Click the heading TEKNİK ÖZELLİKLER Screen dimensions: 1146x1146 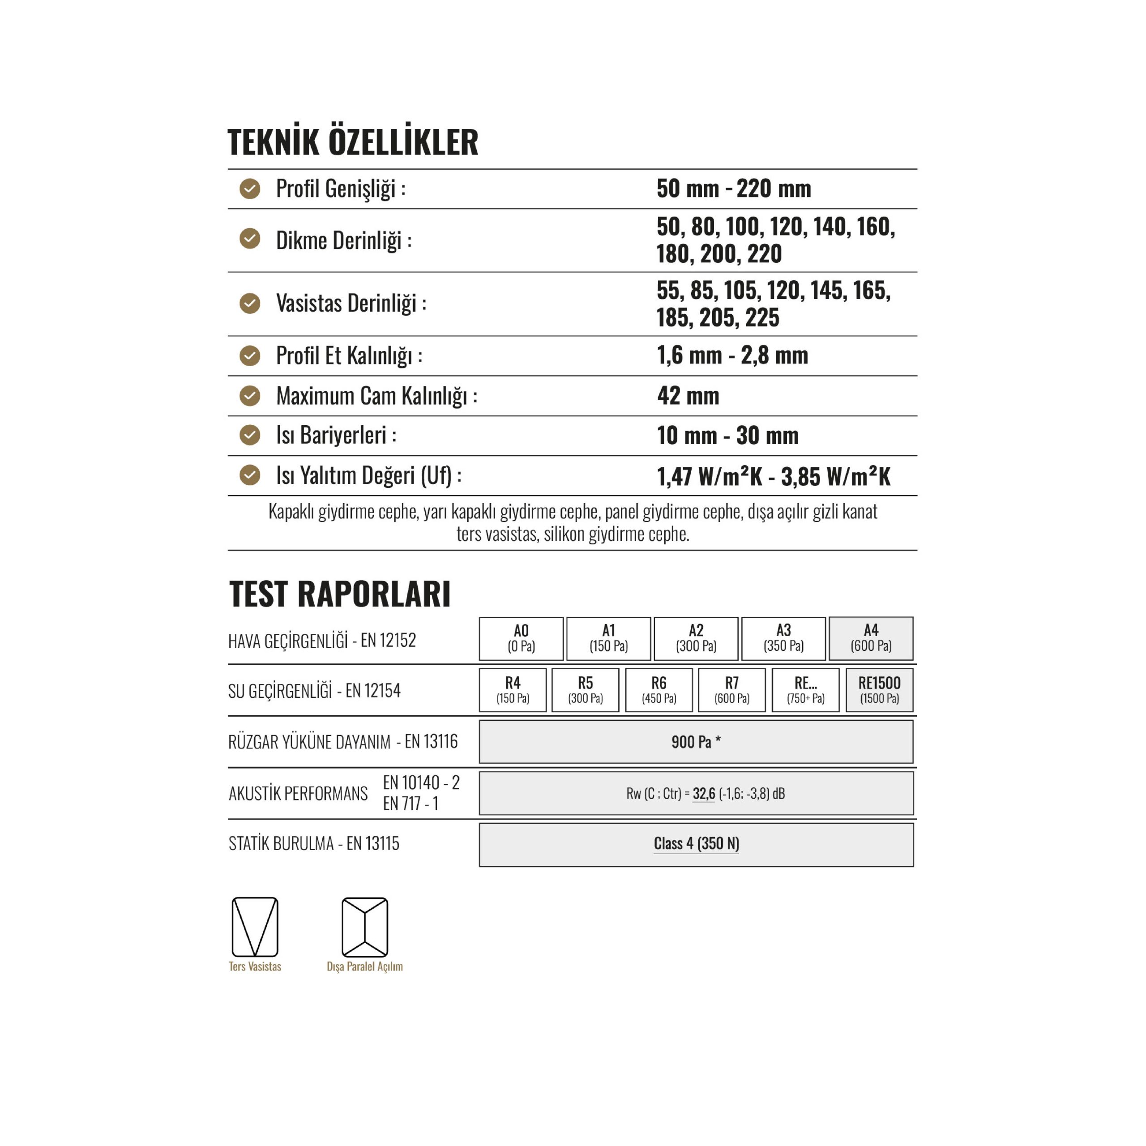(352, 142)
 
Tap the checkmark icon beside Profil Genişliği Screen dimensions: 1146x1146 (250, 189)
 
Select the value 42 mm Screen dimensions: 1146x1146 (688, 396)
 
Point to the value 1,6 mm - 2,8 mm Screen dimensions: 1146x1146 (732, 355)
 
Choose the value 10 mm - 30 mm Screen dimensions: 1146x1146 (727, 436)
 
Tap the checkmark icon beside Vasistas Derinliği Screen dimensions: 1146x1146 (250, 304)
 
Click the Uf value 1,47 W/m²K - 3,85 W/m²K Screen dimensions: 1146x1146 (774, 476)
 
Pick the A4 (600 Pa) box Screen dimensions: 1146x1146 (870, 638)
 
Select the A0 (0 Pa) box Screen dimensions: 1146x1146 (521, 638)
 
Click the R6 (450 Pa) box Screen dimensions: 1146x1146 (659, 690)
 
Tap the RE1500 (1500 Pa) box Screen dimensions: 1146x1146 (879, 690)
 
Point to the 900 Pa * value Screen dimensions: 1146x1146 (696, 741)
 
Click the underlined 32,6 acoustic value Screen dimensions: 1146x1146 (704, 794)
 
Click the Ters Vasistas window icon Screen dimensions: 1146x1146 (255, 927)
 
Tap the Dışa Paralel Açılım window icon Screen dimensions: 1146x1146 (365, 927)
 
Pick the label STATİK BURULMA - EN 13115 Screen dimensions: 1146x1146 (314, 843)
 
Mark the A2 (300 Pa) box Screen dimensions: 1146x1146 (696, 638)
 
